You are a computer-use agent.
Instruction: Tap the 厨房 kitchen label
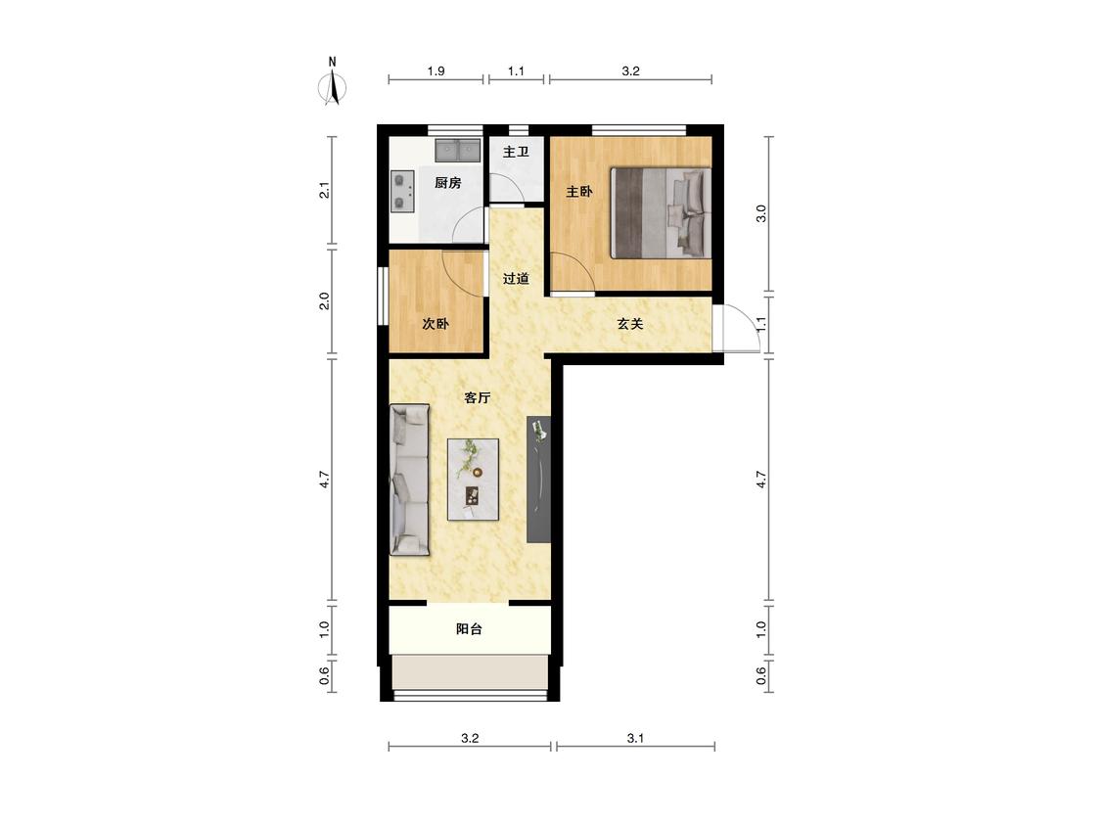pyautogui.click(x=448, y=183)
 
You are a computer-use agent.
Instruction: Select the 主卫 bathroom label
pyautogui.click(x=516, y=152)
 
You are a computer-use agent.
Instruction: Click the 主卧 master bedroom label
pyautogui.click(x=579, y=191)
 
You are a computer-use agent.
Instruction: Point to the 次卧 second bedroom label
pyautogui.click(x=436, y=324)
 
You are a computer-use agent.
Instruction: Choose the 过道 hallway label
pyautogui.click(x=516, y=279)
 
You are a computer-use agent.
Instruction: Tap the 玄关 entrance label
pyautogui.click(x=630, y=324)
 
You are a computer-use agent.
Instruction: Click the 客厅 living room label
pyautogui.click(x=478, y=398)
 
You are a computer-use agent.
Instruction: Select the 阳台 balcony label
pyautogui.click(x=469, y=629)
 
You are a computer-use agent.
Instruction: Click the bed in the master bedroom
pyautogui.click(x=661, y=212)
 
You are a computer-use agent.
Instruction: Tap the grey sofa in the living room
pyautogui.click(x=409, y=480)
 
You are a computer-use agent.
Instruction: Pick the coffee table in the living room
pyautogui.click(x=474, y=480)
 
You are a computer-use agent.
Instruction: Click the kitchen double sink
pyautogui.click(x=457, y=151)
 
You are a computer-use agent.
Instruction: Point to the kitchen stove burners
pyautogui.click(x=401, y=192)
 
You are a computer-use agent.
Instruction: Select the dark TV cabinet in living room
pyautogui.click(x=538, y=479)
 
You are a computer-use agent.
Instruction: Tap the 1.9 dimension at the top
pyautogui.click(x=436, y=70)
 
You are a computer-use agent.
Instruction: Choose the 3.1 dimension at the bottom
pyautogui.click(x=635, y=738)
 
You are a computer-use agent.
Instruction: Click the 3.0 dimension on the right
pyautogui.click(x=761, y=213)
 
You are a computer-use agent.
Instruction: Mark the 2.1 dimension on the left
pyautogui.click(x=324, y=190)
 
